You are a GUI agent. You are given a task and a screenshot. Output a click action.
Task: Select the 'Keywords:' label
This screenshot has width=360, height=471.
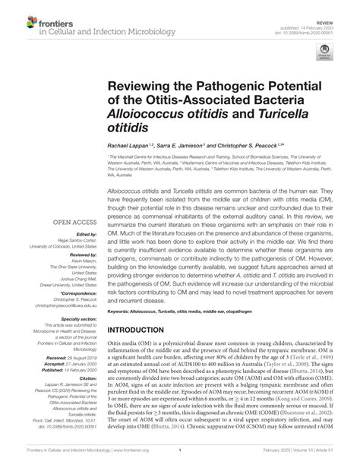pyautogui.click(x=121, y=312)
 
